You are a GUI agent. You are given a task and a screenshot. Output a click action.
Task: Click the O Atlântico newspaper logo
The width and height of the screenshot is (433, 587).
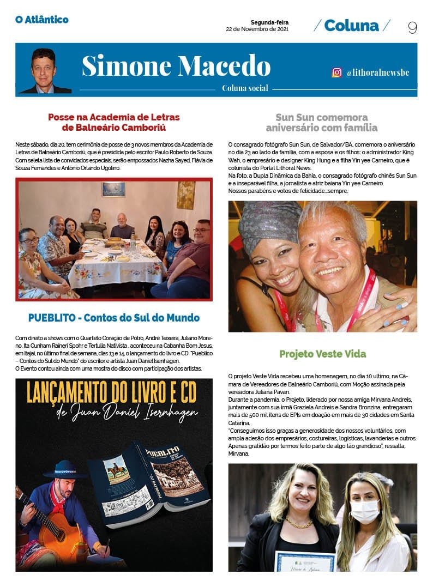(x=41, y=20)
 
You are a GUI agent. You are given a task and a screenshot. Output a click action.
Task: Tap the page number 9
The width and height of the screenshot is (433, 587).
(x=412, y=27)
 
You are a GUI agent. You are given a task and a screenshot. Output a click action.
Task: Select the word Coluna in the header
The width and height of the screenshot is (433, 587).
(x=351, y=26)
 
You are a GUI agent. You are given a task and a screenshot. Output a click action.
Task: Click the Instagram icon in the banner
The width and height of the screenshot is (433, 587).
(x=337, y=72)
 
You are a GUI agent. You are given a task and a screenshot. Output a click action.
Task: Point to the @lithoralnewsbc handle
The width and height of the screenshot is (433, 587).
(x=377, y=72)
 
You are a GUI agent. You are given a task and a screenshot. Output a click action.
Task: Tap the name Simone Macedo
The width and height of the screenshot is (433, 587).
(x=176, y=66)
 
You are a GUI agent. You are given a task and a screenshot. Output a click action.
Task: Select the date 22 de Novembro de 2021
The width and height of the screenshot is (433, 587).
(x=257, y=29)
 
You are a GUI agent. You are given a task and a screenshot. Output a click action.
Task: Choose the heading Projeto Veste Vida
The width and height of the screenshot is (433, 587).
(x=322, y=354)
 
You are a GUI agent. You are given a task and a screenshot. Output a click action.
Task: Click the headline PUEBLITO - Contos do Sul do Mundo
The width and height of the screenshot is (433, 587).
(x=113, y=318)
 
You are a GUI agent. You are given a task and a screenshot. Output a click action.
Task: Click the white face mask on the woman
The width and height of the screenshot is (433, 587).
(x=365, y=510)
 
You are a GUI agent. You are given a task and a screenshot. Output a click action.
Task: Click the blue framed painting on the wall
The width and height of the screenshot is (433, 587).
(x=113, y=189)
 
